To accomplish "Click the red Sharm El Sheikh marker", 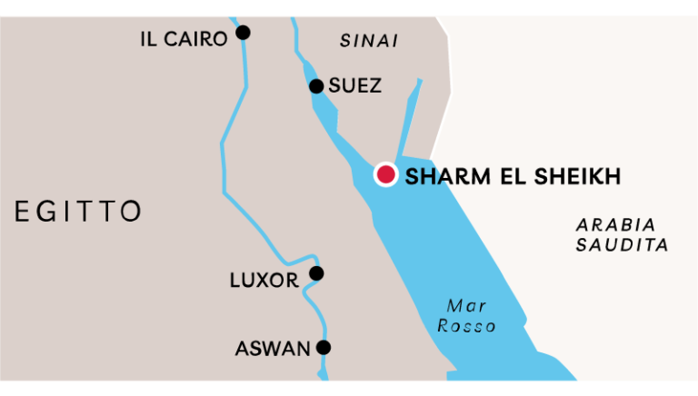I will pos(385,174).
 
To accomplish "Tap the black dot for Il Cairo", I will pos(243,33).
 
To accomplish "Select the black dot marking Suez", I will pos(316,86).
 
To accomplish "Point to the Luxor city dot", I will pos(316,273).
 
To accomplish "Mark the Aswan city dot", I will pos(324,347).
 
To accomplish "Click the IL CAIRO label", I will pos(183,39).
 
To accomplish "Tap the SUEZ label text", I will pos(354,86).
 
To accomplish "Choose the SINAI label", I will pos(369,41).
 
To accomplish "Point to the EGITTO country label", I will pos(78,212).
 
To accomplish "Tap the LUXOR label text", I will pos(264,281).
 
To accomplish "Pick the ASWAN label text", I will pos(273,349).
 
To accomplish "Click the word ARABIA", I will pos(615,224).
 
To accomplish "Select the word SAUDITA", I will pos(622,245).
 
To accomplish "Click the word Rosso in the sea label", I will pos(466,326).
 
